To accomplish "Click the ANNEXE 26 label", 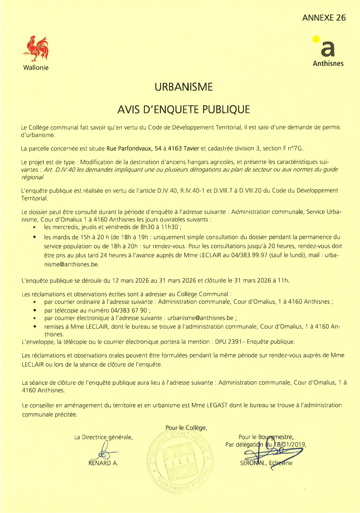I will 324,18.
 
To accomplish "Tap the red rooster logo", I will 37,48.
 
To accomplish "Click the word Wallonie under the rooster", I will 36,68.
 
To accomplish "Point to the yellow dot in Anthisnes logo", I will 316,39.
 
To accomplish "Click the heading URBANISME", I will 183,87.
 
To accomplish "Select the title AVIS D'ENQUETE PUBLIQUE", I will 183,109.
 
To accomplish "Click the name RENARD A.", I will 104,463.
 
